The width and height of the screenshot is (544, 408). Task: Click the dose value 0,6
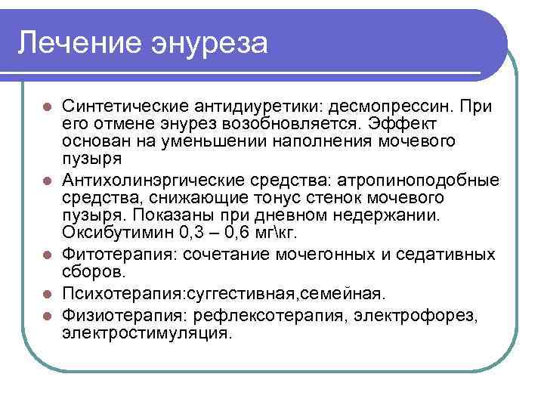pos(251,232)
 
